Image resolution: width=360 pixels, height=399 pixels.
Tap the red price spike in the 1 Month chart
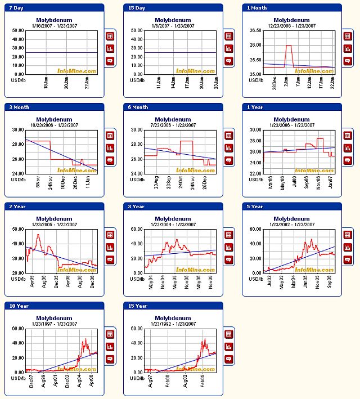(289, 46)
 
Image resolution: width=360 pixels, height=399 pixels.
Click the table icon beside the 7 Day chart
(110, 36)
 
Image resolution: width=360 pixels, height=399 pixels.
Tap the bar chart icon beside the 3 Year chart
(229, 247)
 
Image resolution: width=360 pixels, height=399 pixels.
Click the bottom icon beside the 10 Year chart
(110, 358)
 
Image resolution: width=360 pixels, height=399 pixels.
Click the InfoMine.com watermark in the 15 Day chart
(196, 71)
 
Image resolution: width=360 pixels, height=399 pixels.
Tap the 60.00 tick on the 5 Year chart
(255, 229)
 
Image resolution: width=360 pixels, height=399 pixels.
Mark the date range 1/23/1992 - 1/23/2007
(172, 324)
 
